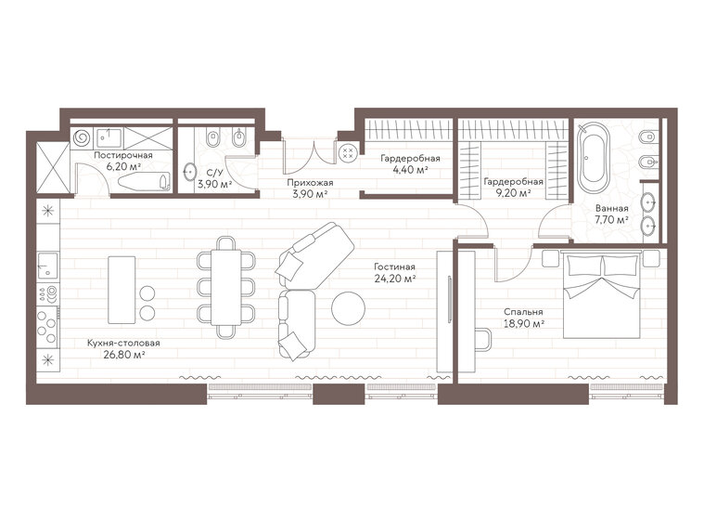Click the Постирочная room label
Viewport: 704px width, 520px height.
[x=117, y=154]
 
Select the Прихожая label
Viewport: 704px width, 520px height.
[x=309, y=183]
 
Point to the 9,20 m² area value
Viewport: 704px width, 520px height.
[x=513, y=194]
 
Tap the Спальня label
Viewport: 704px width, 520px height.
[x=524, y=312]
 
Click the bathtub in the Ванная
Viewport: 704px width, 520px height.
[x=590, y=159]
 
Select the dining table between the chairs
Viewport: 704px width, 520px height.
[x=226, y=287]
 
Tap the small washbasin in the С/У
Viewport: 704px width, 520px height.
[x=191, y=171]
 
